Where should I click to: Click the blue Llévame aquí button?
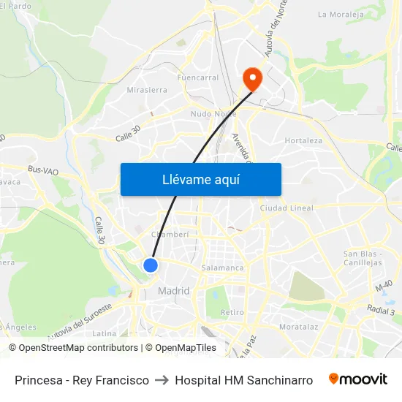(200, 179)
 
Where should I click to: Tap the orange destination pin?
(252, 79)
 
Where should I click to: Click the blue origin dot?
(151, 265)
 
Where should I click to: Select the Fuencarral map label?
(197, 77)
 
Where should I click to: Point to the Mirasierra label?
(147, 91)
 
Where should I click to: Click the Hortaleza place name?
(303, 140)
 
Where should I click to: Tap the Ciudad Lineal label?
(287, 208)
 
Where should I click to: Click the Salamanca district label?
(222, 268)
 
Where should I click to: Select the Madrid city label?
(174, 291)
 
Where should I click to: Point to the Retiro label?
(232, 312)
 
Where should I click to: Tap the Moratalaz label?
(298, 326)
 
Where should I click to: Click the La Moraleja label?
(341, 14)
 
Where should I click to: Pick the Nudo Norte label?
(213, 114)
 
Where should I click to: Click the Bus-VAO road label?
(43, 170)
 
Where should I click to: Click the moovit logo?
(357, 379)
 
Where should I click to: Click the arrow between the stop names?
(162, 380)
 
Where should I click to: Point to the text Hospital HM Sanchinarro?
(244, 380)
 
